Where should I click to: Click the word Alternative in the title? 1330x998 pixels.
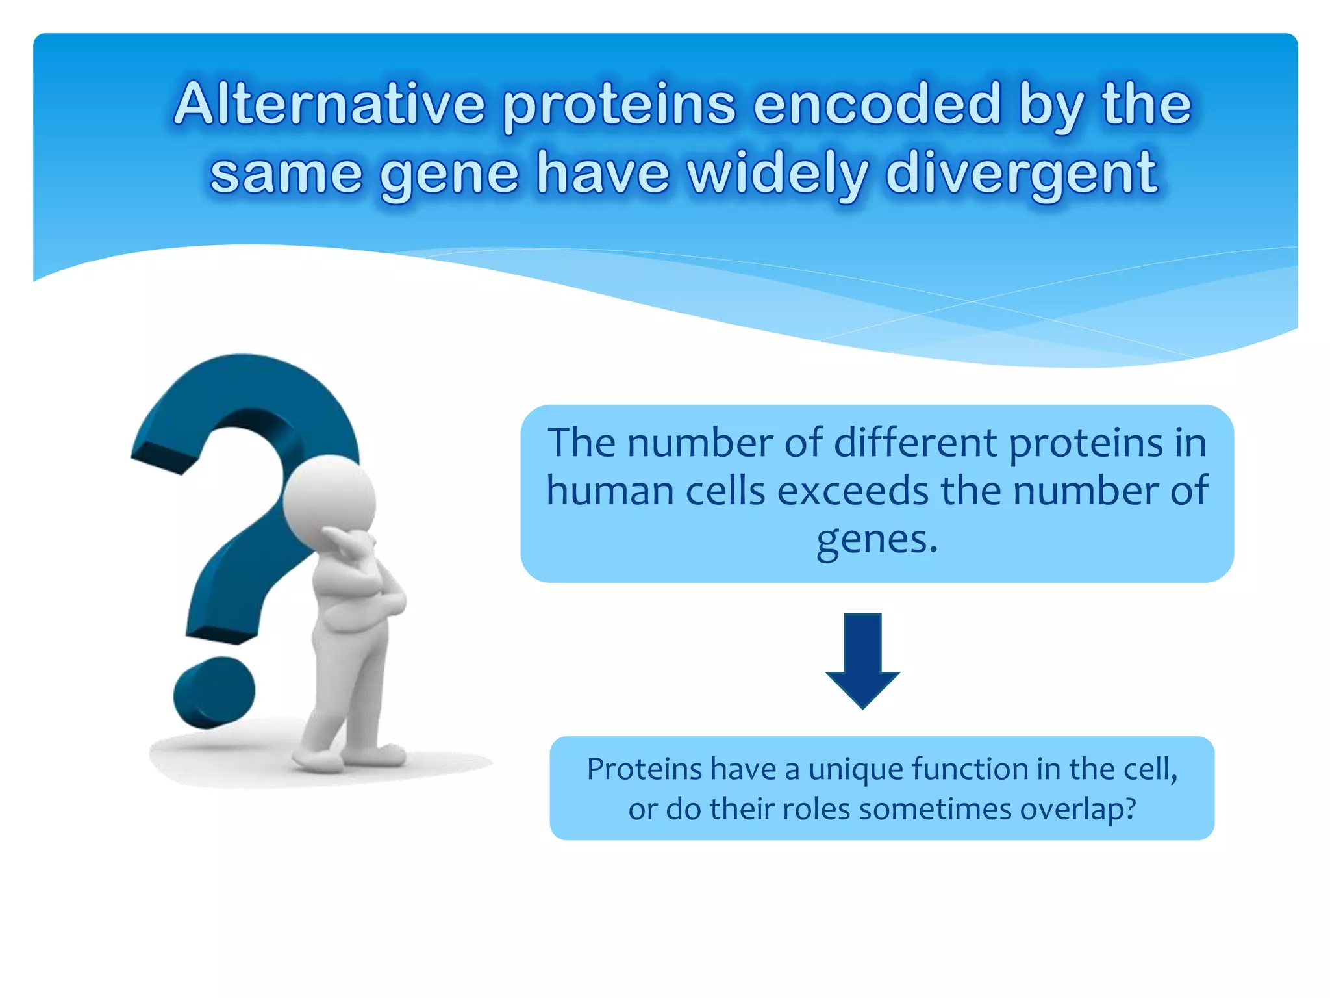(x=329, y=105)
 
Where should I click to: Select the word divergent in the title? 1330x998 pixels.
(x=1020, y=174)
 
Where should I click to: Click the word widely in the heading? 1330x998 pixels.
(x=777, y=174)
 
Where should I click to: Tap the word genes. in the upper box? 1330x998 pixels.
(x=877, y=539)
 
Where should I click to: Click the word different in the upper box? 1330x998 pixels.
(x=915, y=443)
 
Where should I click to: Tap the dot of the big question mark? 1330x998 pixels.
(x=214, y=693)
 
